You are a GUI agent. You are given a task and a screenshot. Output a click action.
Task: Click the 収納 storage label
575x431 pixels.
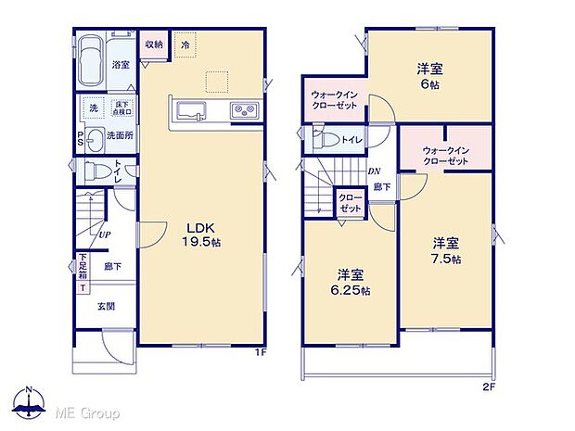pos(153,44)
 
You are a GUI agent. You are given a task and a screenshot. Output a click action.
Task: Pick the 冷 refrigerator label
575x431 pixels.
pos(185,44)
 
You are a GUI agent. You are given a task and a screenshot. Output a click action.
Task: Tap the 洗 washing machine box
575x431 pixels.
pos(93,108)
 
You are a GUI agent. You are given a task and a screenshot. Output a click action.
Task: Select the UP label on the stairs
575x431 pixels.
pos(107,235)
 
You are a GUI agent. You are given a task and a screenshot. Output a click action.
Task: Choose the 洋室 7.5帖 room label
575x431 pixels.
pos(445,250)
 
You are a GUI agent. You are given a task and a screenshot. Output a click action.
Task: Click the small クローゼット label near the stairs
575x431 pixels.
pos(351,204)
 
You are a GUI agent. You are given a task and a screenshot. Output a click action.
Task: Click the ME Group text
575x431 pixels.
pos(88,410)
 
